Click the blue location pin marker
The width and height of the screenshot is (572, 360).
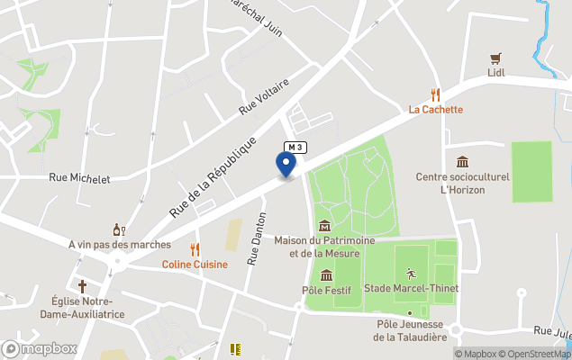[x=286, y=165]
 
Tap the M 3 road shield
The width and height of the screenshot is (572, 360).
[x=295, y=147]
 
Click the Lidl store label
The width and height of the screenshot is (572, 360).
[x=496, y=73]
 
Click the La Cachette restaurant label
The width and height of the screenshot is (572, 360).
[x=436, y=110]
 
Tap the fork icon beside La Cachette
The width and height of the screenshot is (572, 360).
[x=436, y=94]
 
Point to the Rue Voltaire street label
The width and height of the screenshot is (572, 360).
[x=264, y=97]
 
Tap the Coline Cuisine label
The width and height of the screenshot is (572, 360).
[x=195, y=265]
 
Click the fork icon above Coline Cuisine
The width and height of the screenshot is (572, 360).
[x=195, y=248]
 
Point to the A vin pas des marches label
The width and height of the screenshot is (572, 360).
[x=119, y=245]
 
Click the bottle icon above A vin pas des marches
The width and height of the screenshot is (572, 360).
[x=117, y=229]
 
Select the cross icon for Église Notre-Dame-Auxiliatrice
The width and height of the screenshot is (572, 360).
[x=82, y=285]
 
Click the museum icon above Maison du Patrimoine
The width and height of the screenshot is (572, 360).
[x=324, y=224]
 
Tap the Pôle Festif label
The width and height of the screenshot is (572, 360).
[x=325, y=291]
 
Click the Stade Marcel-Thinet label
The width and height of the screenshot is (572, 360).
[x=411, y=289]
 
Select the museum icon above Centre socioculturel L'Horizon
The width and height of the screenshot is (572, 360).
[x=462, y=161]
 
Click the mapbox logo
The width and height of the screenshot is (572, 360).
[x=40, y=348]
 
